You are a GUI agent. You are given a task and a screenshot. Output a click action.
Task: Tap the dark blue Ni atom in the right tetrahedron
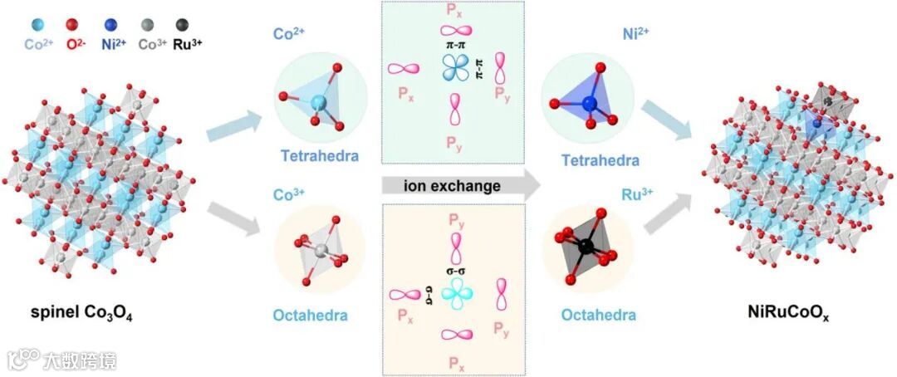pos(590,103)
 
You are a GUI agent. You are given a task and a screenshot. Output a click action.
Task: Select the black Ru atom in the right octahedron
pos(586,246)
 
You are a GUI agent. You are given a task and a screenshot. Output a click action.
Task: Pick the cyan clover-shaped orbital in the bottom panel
pos(456,293)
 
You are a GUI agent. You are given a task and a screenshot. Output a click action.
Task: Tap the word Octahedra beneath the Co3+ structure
pos(310,316)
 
